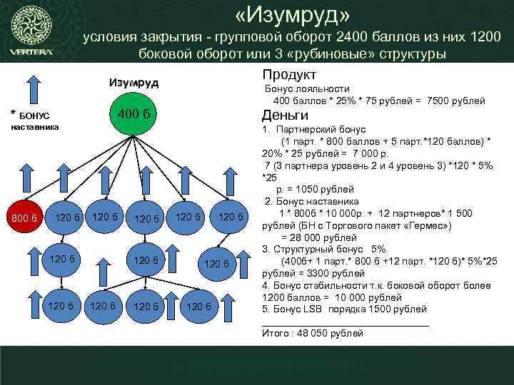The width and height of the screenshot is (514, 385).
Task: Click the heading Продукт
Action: (x=289, y=75)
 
